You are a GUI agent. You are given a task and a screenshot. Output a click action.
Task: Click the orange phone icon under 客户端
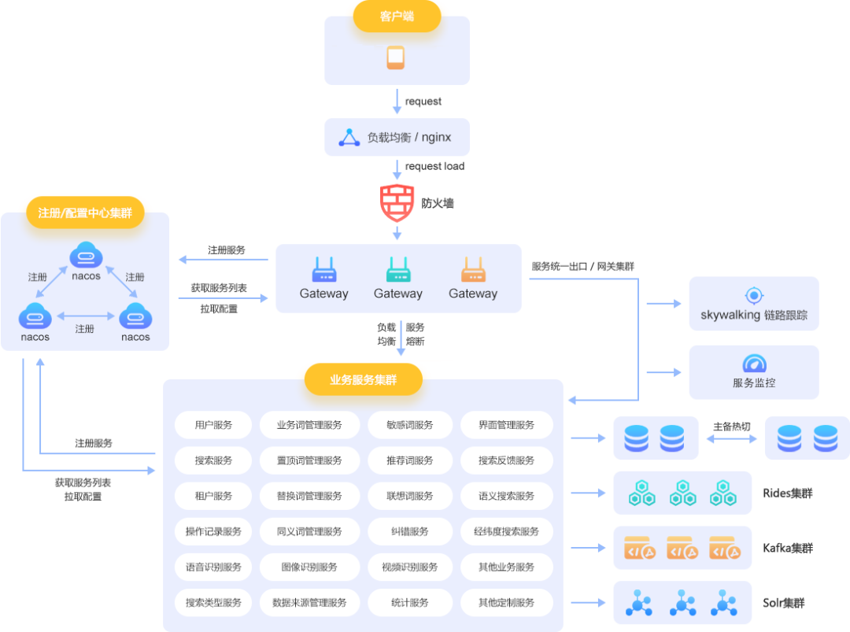click(x=396, y=57)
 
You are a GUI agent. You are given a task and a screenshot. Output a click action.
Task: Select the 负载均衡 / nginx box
click(x=397, y=137)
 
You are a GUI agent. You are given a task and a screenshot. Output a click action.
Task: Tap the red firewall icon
click(x=397, y=203)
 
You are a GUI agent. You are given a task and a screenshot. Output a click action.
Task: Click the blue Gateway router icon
click(x=323, y=270)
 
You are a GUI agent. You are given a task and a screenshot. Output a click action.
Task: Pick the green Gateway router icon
click(x=398, y=270)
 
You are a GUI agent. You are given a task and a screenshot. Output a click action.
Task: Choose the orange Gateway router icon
click(x=473, y=270)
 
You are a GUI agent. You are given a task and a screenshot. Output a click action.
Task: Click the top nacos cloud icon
click(x=86, y=256)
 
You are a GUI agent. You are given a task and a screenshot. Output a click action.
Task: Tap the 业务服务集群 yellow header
click(x=363, y=380)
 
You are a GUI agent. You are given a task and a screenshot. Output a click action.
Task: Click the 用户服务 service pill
click(x=213, y=425)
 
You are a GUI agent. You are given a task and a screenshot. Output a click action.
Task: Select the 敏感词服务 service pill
click(x=409, y=425)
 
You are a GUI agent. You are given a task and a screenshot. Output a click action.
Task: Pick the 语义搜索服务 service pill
click(x=506, y=496)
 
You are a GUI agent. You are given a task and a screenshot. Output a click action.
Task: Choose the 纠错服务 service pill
click(x=409, y=531)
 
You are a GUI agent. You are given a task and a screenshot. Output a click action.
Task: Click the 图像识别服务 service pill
click(x=309, y=567)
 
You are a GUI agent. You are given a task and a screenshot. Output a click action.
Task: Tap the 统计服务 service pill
click(x=409, y=603)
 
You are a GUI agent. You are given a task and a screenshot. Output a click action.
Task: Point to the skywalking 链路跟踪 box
click(x=753, y=304)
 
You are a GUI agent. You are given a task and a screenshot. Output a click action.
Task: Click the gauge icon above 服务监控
click(x=754, y=364)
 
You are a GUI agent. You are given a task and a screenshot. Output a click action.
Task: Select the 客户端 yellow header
click(x=396, y=16)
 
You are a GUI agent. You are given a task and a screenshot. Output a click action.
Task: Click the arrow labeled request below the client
click(x=397, y=102)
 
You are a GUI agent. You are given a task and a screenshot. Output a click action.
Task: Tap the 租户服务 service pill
click(x=213, y=496)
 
